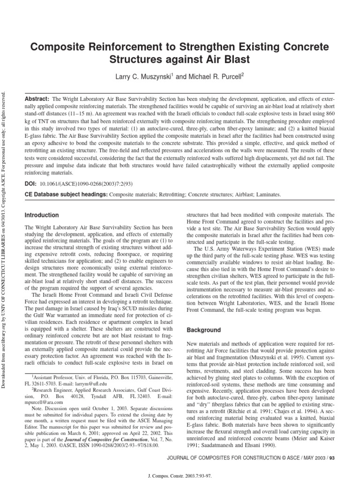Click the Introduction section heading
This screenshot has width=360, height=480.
point(42,215)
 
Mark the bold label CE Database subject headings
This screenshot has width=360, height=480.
point(66,194)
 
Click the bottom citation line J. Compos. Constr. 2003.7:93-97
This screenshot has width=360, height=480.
point(180,474)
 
